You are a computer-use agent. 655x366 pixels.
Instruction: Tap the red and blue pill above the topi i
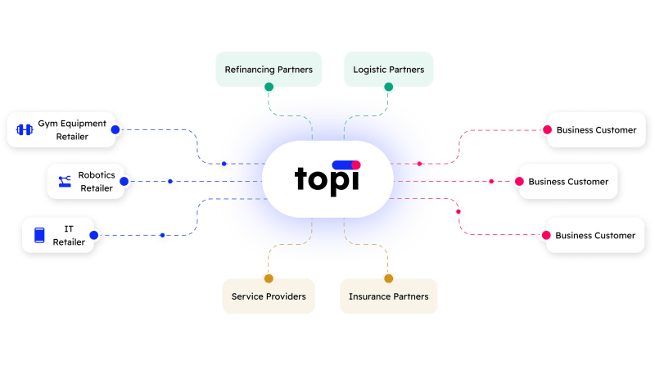click(x=346, y=165)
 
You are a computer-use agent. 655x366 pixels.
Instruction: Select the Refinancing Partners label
click(x=269, y=70)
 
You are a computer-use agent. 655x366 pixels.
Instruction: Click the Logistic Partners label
click(x=388, y=70)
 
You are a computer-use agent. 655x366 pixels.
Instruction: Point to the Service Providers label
click(x=269, y=296)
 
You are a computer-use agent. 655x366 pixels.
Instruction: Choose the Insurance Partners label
click(x=388, y=296)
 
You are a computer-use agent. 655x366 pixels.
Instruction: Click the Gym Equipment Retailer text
click(x=72, y=129)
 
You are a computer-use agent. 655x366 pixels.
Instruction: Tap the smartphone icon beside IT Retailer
click(x=38, y=235)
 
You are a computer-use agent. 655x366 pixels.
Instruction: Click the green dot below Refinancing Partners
click(x=269, y=87)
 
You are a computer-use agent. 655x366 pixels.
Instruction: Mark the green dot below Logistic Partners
click(x=388, y=87)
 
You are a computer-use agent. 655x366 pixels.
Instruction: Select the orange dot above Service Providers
click(x=269, y=278)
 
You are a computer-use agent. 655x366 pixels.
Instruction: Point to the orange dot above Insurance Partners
click(x=388, y=278)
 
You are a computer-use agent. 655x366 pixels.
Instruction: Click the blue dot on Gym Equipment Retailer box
click(x=115, y=129)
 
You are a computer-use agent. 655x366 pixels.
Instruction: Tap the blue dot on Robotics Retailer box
click(x=124, y=181)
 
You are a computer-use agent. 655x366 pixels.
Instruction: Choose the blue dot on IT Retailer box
click(x=93, y=235)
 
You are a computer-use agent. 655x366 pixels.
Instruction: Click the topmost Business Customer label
click(x=595, y=129)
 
